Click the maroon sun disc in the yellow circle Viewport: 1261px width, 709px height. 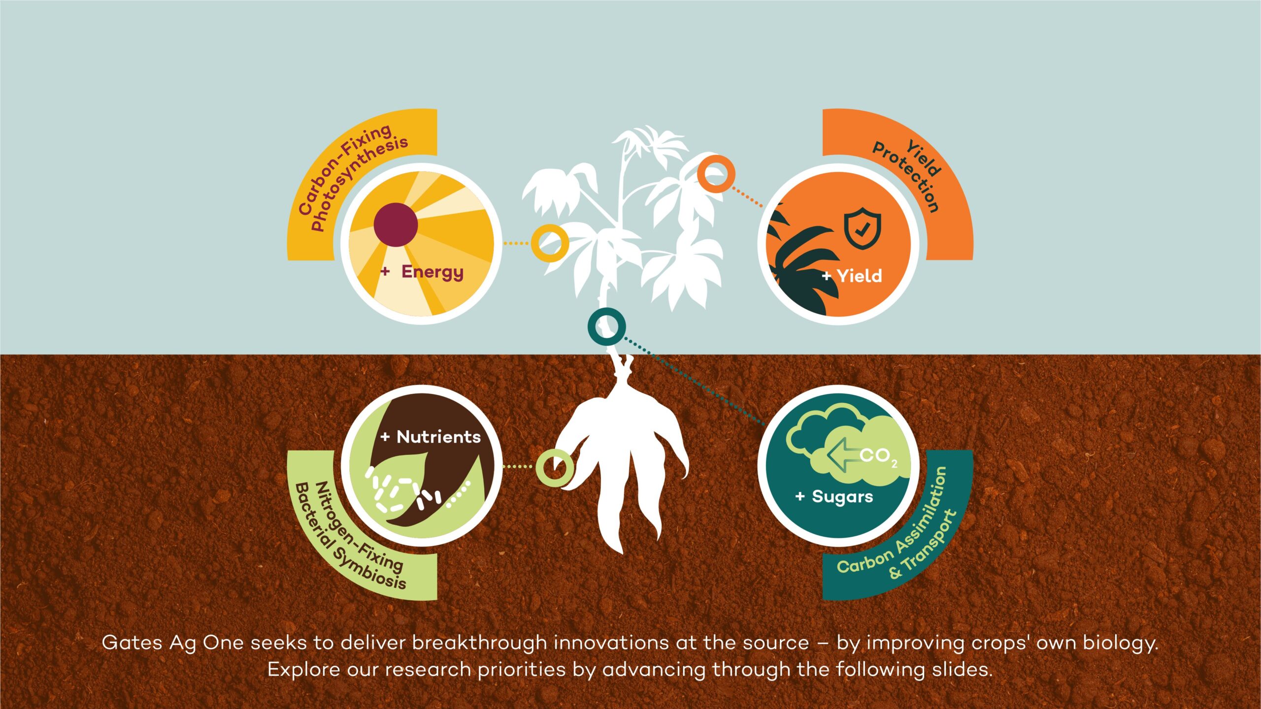tap(396, 225)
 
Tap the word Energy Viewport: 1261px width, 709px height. tap(432, 272)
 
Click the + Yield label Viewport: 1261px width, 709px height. tap(852, 276)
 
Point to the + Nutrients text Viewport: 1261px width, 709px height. tap(431, 437)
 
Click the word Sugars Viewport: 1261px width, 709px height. tap(842, 497)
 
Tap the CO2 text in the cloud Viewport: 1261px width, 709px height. tap(878, 456)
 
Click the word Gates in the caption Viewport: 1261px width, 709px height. tap(132, 643)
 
